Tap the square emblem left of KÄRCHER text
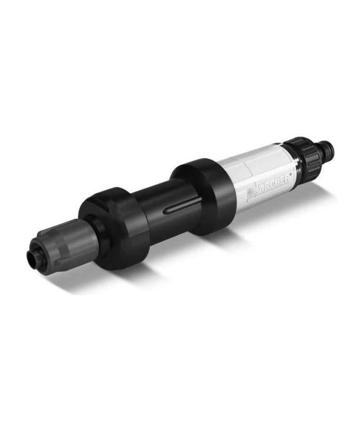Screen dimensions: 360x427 pyautogui.click(x=250, y=193)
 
